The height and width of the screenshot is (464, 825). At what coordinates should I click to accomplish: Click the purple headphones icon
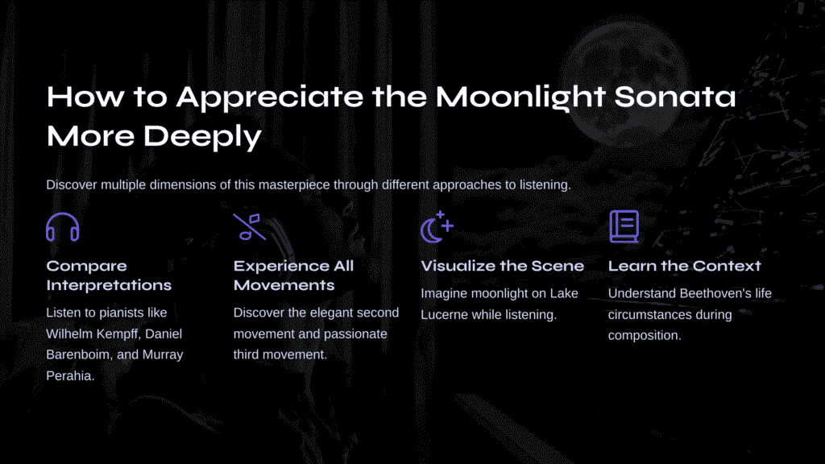63,214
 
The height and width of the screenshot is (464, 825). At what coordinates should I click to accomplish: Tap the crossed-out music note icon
250,226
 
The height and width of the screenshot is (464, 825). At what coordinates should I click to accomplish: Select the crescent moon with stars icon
437,227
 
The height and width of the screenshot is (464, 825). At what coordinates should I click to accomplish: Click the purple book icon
624,226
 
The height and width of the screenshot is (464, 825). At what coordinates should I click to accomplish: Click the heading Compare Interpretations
109,275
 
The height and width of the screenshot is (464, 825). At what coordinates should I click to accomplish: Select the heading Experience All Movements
293,275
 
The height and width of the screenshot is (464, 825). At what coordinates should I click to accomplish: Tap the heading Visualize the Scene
503,266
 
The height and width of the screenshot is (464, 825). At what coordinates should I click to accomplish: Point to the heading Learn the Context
685,266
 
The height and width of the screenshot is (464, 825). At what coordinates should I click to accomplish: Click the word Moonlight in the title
520,97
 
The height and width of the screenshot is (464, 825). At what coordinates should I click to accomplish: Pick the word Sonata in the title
675,97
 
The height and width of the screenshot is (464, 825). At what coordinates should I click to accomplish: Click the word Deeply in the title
202,137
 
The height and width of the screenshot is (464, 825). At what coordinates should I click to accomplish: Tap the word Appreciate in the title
269,97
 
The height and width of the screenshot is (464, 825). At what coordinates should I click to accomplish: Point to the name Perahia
71,375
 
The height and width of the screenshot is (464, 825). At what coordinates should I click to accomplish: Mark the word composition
645,336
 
